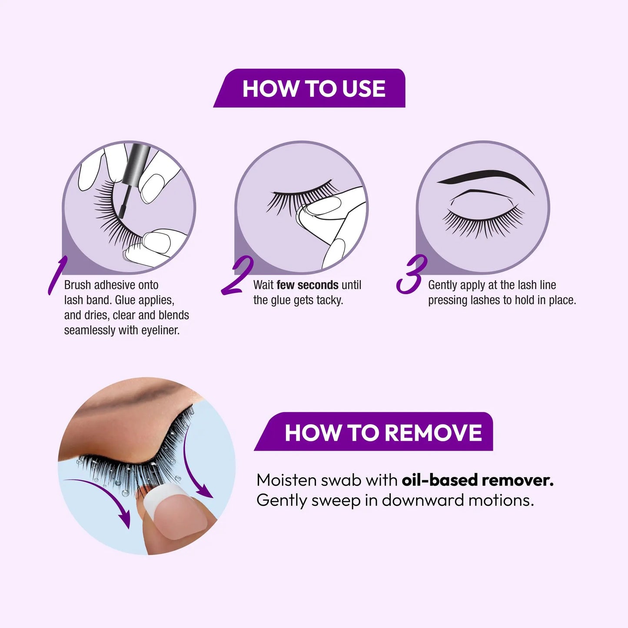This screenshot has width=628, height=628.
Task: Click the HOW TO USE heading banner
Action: [x=313, y=89]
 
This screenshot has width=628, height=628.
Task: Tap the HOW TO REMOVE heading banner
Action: [x=378, y=432]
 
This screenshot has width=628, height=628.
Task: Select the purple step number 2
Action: [x=237, y=276]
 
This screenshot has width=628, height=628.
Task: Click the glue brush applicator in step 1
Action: [x=129, y=187]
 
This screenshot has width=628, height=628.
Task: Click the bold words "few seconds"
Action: [x=307, y=285]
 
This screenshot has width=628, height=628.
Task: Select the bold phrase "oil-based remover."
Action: [x=477, y=480]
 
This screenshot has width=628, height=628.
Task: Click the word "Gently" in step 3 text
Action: [x=442, y=285]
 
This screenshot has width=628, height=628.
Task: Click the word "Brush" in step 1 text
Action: [x=78, y=285]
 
